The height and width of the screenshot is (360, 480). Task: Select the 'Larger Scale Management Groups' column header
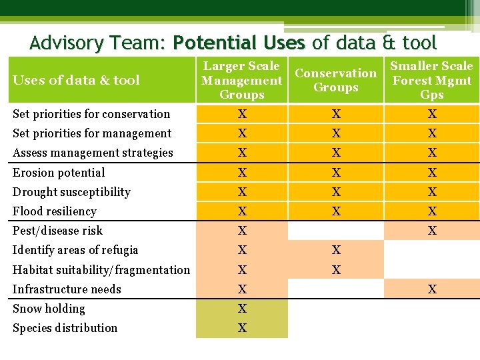(x=242, y=80)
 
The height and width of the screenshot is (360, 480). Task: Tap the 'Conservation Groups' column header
(x=336, y=80)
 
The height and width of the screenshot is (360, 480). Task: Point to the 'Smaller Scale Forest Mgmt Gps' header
(x=431, y=80)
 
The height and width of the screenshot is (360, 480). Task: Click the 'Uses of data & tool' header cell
(x=77, y=80)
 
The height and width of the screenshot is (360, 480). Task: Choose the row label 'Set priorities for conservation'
(x=91, y=114)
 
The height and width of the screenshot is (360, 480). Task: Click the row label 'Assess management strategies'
(x=93, y=153)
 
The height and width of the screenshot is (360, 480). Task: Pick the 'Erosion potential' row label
(x=59, y=173)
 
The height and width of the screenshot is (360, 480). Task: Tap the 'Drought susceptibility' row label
(x=72, y=192)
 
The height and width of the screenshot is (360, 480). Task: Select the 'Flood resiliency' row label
(x=55, y=211)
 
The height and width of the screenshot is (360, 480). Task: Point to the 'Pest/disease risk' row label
(x=58, y=231)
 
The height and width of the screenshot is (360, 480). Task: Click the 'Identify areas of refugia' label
(x=76, y=250)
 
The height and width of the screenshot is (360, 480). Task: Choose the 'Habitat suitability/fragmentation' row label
(x=101, y=270)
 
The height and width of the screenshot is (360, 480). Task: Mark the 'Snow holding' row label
(x=49, y=309)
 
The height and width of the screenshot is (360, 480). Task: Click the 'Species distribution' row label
(x=65, y=328)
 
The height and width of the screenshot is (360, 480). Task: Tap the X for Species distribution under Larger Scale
(x=243, y=328)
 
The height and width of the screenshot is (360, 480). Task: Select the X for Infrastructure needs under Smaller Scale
(x=432, y=289)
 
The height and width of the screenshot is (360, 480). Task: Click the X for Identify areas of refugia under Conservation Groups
(x=336, y=250)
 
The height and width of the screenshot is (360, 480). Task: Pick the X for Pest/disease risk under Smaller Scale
(x=432, y=231)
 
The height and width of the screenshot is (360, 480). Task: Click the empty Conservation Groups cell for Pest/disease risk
(x=336, y=231)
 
